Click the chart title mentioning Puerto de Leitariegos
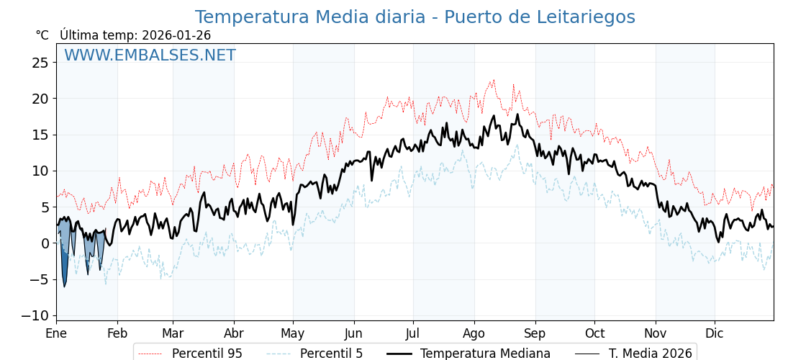415,17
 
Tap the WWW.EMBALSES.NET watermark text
150,55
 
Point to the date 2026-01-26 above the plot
176,35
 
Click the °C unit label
42,35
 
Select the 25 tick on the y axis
40,63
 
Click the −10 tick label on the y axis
35,315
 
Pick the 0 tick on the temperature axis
45,243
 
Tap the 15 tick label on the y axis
40,135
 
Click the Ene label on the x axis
56,333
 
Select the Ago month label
474,333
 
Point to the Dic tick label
715,333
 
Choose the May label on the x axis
293,333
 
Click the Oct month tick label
594,333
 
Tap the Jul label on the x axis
413,333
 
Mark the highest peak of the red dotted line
494,80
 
